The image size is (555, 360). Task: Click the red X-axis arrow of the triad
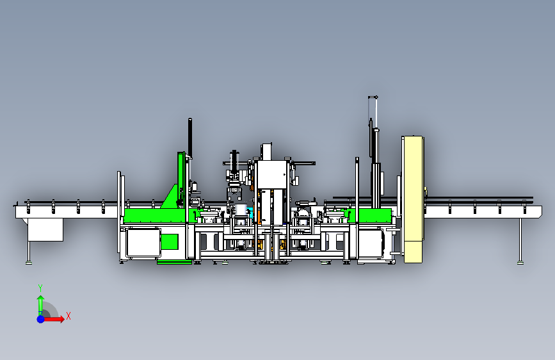tap(53, 319)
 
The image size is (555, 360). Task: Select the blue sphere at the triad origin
tap(41, 319)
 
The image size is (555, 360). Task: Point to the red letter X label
tap(68, 316)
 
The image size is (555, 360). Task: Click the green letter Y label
tap(40, 288)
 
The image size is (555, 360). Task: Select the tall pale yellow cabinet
tap(413, 199)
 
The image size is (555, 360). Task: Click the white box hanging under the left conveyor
tap(45, 229)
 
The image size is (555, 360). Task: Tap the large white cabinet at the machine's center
tap(271, 174)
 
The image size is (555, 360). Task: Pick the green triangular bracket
tap(170, 197)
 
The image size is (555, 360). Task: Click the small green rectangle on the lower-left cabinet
tap(170, 241)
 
